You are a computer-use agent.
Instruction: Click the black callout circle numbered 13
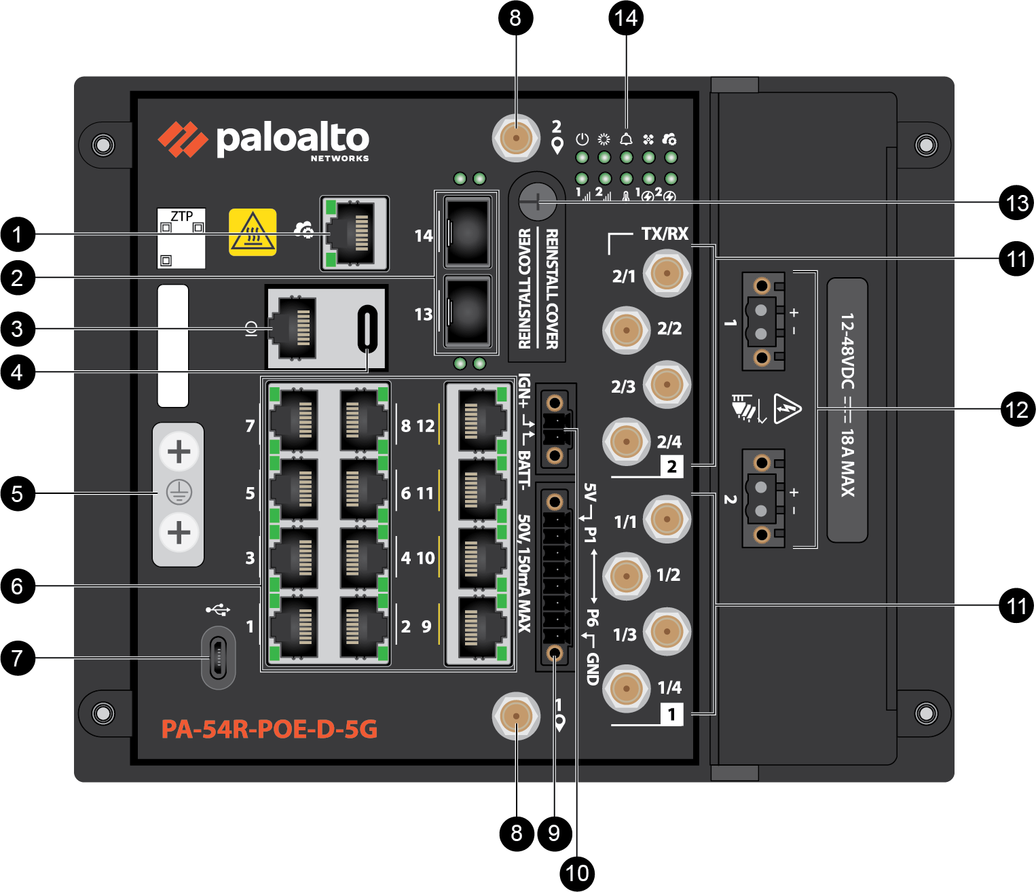tap(1016, 202)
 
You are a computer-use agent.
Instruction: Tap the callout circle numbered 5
tap(18, 493)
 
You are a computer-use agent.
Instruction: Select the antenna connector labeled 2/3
tap(667, 385)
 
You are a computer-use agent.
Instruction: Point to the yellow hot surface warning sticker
tap(253, 232)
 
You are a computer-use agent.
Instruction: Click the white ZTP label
tap(181, 238)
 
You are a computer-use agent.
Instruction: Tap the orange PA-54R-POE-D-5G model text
tap(269, 729)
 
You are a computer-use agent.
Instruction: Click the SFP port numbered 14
tap(468, 232)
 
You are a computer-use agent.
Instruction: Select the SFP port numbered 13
tap(468, 312)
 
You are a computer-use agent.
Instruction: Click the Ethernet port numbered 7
tap(293, 421)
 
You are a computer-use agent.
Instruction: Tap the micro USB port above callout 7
tap(218, 658)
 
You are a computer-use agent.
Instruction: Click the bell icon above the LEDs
tap(626, 139)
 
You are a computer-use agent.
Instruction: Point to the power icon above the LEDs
tap(582, 139)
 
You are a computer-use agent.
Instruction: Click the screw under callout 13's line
tap(537, 202)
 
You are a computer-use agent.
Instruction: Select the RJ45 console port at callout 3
tap(293, 327)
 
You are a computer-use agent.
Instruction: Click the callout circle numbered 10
tap(577, 874)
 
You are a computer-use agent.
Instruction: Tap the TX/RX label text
tap(665, 234)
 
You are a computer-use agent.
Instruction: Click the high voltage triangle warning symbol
tap(788, 408)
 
